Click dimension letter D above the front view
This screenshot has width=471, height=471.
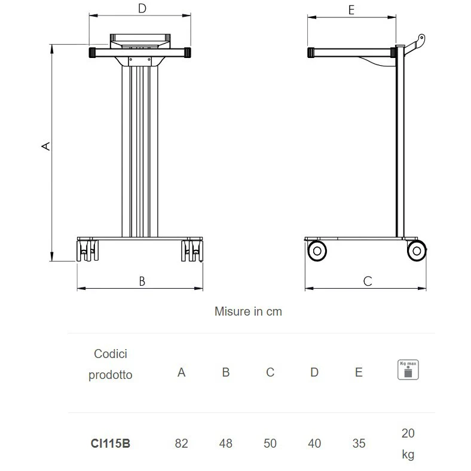[x=142, y=8]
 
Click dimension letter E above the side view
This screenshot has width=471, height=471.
[x=351, y=10]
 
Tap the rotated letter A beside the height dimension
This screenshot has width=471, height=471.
[x=45, y=146]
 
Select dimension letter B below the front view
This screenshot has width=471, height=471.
[x=142, y=282]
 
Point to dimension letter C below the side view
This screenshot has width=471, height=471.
[x=368, y=282]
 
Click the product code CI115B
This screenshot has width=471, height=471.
[x=110, y=444]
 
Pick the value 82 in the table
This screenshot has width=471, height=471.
[x=182, y=444]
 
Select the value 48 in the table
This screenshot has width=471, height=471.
[x=225, y=444]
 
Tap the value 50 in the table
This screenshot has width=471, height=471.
[x=270, y=444]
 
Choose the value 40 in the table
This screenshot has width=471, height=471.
[x=314, y=444]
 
